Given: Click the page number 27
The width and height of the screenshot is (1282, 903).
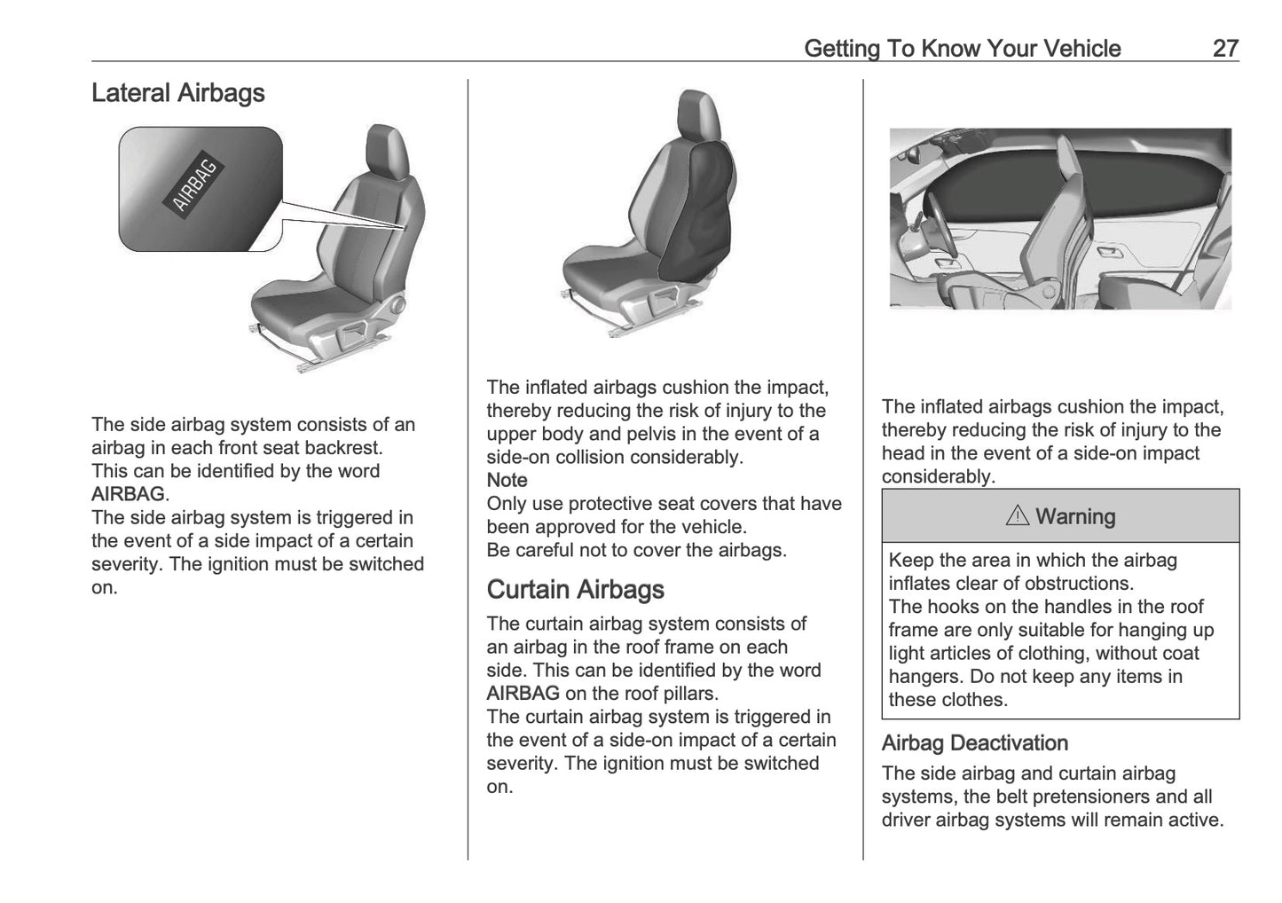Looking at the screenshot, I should click(x=1224, y=48).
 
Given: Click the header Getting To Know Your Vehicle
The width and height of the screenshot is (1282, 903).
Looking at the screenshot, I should click(x=962, y=48).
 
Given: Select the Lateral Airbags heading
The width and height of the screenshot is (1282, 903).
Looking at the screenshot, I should click(x=177, y=93).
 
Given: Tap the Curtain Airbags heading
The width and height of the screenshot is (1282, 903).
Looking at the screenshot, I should click(x=575, y=590).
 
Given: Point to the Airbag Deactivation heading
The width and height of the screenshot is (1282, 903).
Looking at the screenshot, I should click(x=974, y=743).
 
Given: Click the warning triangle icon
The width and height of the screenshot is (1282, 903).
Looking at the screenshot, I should click(x=1017, y=516).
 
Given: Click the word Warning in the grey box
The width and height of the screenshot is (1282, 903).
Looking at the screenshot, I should click(x=1074, y=516).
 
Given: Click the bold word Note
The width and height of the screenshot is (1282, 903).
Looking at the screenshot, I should click(x=507, y=480).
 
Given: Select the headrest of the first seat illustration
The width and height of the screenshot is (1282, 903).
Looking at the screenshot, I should click(x=388, y=149).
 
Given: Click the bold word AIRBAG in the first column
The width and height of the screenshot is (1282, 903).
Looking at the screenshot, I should click(x=128, y=494).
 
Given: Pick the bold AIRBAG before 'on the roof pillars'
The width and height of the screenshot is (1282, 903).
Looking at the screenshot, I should click(x=523, y=694).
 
